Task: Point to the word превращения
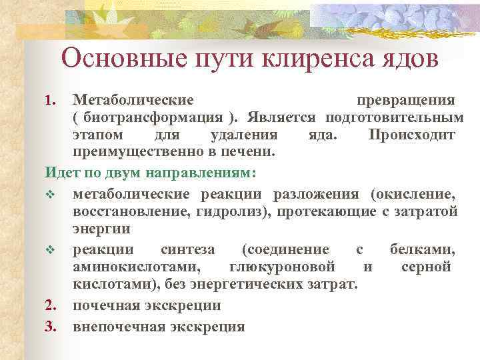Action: [x=405, y=100]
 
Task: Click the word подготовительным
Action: [x=394, y=118]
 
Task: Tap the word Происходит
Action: [x=411, y=135]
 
